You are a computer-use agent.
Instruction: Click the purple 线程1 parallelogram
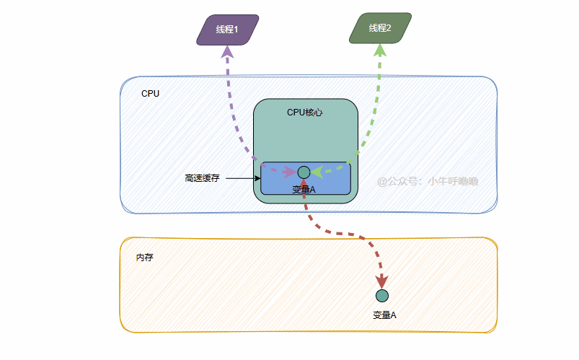click(227, 30)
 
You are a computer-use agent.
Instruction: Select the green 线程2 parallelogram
click(380, 28)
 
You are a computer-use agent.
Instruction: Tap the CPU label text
click(150, 94)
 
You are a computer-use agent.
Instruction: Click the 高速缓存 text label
click(202, 177)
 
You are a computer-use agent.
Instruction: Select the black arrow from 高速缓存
click(242, 177)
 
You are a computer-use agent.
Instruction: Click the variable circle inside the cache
click(304, 172)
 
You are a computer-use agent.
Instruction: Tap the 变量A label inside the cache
click(304, 190)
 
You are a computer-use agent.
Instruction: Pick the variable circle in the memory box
click(382, 295)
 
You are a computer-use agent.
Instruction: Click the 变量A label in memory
click(385, 315)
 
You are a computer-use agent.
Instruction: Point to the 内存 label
click(144, 258)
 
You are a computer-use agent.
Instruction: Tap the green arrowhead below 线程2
click(380, 51)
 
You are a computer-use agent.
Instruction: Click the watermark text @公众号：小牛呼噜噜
click(428, 181)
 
